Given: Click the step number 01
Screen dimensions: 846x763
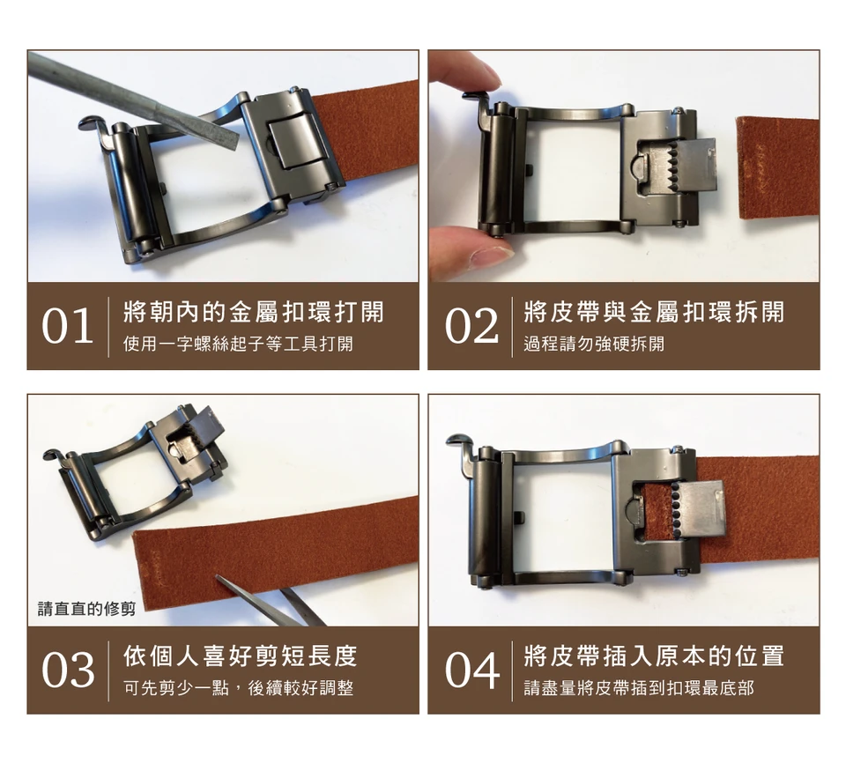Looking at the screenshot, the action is (67, 326).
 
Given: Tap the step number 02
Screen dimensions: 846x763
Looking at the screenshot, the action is (471, 326).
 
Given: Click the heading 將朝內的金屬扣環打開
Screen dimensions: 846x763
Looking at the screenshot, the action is (254, 312).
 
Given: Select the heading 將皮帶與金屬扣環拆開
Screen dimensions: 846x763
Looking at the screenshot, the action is (654, 312).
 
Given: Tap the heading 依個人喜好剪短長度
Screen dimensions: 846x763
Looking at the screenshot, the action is (240, 656).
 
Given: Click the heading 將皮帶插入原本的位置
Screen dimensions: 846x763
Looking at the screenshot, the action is (654, 656).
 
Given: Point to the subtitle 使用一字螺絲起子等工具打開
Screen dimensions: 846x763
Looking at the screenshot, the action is (238, 344).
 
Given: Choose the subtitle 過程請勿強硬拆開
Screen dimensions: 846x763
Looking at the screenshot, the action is (594, 344).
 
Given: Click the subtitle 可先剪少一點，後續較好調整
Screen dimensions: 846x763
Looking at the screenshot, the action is (238, 688).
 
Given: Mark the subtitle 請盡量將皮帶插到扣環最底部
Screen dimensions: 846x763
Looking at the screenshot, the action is (639, 688).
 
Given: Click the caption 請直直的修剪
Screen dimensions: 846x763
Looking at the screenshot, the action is (87, 609).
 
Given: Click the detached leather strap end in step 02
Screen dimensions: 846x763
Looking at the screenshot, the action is (778, 167).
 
